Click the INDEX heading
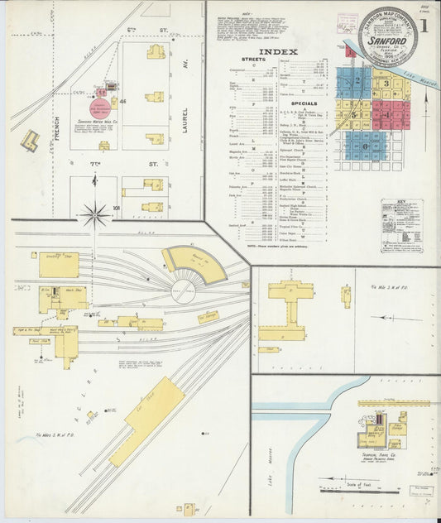pyautogui.click(x=278, y=51)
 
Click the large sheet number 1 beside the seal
pyautogui.click(x=424, y=25)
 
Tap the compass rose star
pyautogui.click(x=95, y=216)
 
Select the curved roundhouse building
pyautogui.click(x=195, y=263)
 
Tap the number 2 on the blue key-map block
pyautogui.click(x=357, y=81)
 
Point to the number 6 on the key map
pyautogui.click(x=365, y=146)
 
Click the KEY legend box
pyautogui.click(x=401, y=225)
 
